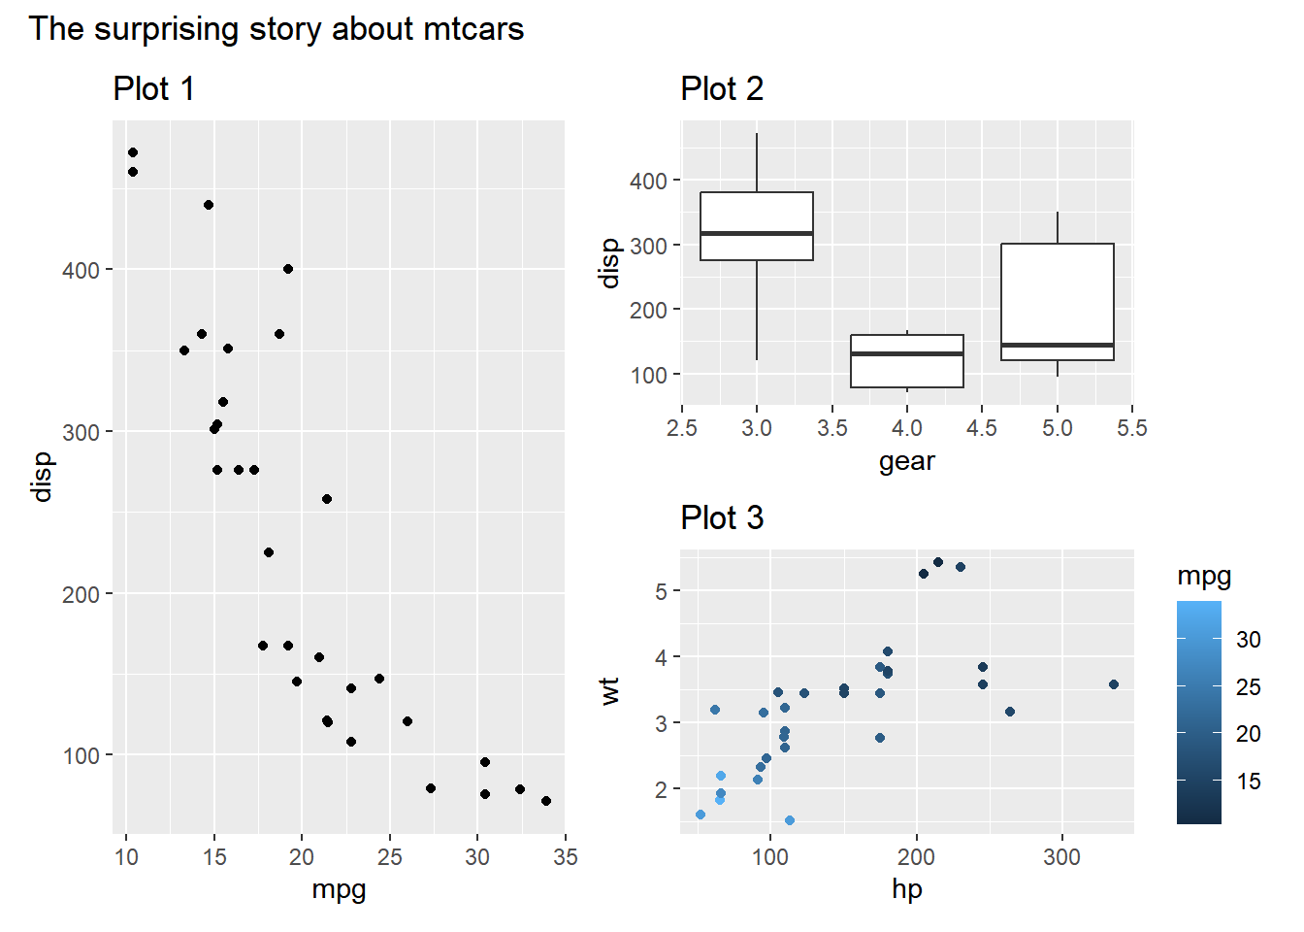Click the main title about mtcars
tap(276, 29)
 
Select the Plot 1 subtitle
tap(153, 89)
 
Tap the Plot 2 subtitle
tap(721, 89)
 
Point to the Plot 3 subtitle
tap(721, 518)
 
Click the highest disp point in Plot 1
tap(133, 152)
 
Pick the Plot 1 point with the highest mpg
tap(546, 801)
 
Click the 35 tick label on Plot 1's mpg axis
tap(565, 857)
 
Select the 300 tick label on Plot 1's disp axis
tap(81, 432)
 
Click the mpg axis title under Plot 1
tap(339, 888)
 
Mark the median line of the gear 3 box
tap(757, 234)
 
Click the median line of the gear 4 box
tap(907, 353)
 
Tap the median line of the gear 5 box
tap(1058, 345)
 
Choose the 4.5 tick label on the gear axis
tap(982, 428)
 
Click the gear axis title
tap(907, 460)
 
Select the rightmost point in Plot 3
tap(1114, 684)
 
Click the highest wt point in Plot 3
tap(938, 562)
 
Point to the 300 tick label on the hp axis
tap(1061, 857)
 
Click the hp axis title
tap(907, 888)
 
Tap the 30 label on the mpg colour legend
tap(1249, 640)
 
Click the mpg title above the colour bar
tap(1204, 576)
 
